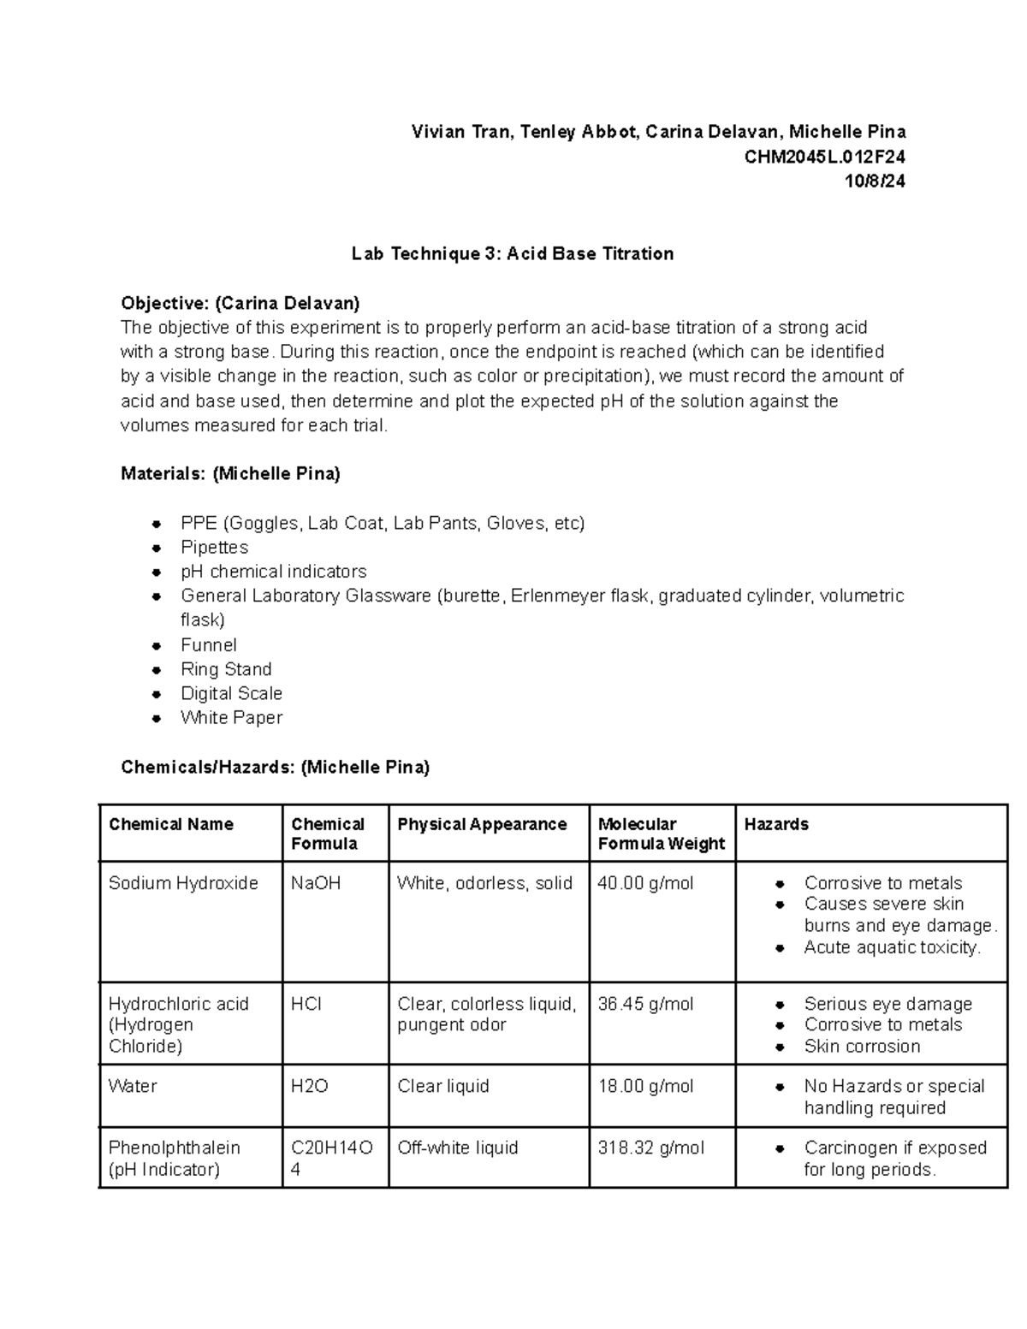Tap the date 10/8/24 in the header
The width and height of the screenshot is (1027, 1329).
pos(874,181)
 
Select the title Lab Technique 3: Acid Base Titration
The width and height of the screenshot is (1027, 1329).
pos(513,253)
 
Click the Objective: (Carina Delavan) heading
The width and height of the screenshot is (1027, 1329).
pos(240,303)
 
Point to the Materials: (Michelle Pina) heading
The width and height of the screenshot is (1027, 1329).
pos(230,473)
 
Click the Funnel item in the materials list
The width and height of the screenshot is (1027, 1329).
pos(208,645)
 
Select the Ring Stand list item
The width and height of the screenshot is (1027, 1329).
pos(226,669)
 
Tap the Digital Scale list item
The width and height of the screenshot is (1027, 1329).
pos(231,693)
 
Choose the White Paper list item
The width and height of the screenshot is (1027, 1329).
pos(231,717)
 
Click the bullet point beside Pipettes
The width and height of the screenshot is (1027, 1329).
pos(156,548)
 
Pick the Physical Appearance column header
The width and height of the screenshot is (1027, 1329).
pos(482,824)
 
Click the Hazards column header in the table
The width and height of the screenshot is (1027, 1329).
pos(776,824)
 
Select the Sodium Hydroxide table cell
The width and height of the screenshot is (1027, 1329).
pos(183,883)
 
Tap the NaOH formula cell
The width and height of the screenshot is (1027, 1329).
pos(316,883)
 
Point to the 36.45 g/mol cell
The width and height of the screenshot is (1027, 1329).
pos(645,1004)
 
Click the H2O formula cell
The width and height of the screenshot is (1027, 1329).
pos(310,1086)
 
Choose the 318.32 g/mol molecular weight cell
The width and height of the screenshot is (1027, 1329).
pos(650,1148)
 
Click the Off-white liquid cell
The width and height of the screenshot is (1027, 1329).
pos(458,1148)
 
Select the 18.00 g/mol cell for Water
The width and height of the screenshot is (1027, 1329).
pos(645,1086)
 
